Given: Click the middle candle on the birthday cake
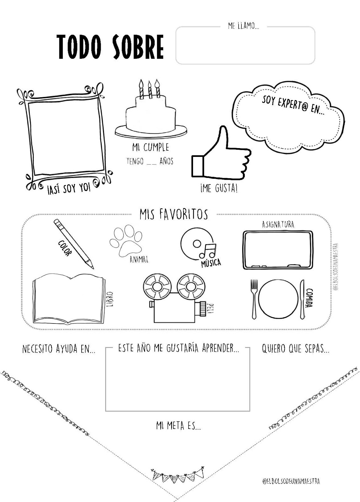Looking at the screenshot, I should pos(150,89).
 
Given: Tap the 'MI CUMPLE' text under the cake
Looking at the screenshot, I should pos(151,147).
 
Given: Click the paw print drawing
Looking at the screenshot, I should pos(125,242).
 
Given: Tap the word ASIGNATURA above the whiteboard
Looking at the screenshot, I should pos(278,225).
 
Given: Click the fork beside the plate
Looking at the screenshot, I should pos(254,298).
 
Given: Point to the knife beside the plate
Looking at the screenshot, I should pos(302,298).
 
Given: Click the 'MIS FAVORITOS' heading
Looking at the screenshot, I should pos(174,215).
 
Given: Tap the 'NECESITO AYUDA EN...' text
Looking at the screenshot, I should pos(59,349).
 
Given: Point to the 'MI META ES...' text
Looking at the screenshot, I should pos(178,426).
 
